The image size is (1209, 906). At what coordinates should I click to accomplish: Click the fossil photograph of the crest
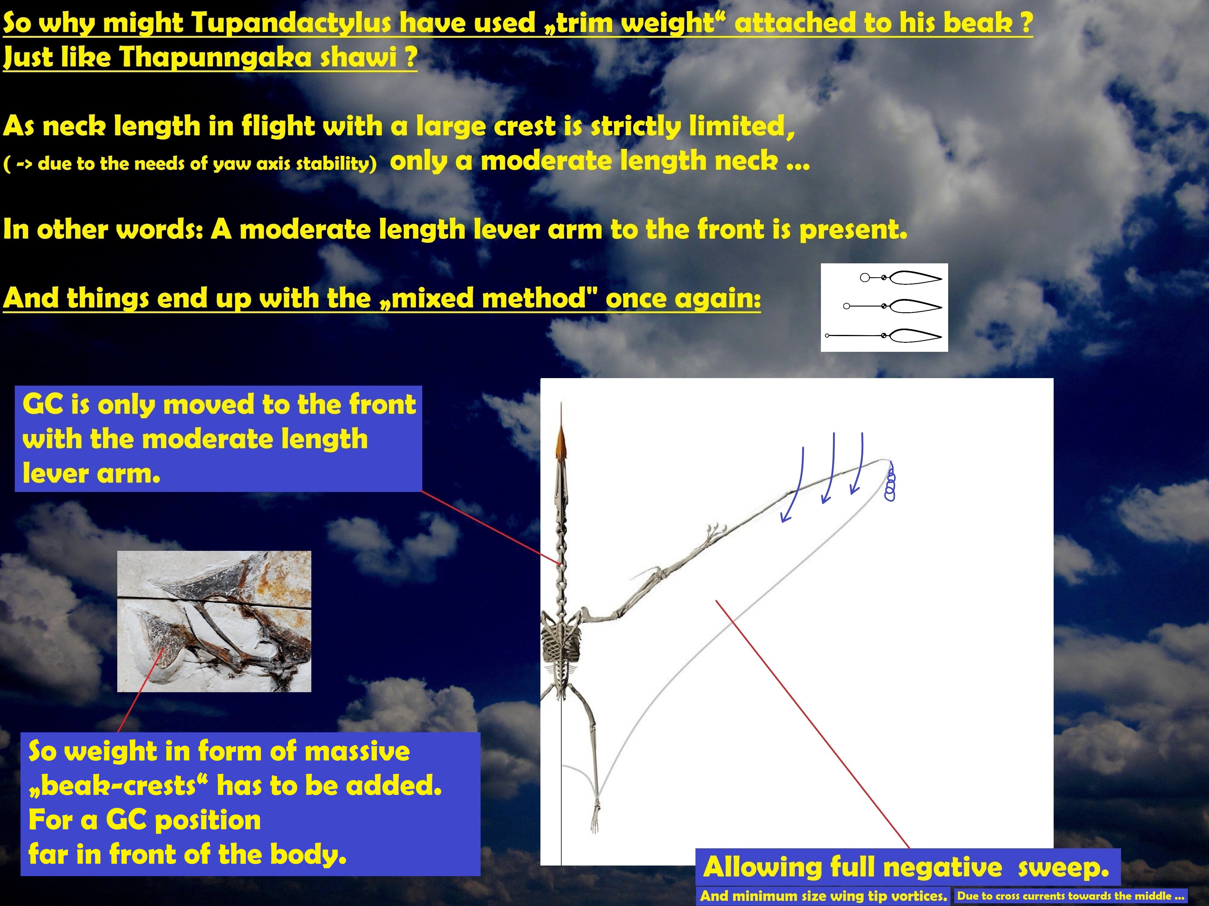tap(214, 622)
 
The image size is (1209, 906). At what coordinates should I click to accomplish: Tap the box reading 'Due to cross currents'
tap(1070, 896)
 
